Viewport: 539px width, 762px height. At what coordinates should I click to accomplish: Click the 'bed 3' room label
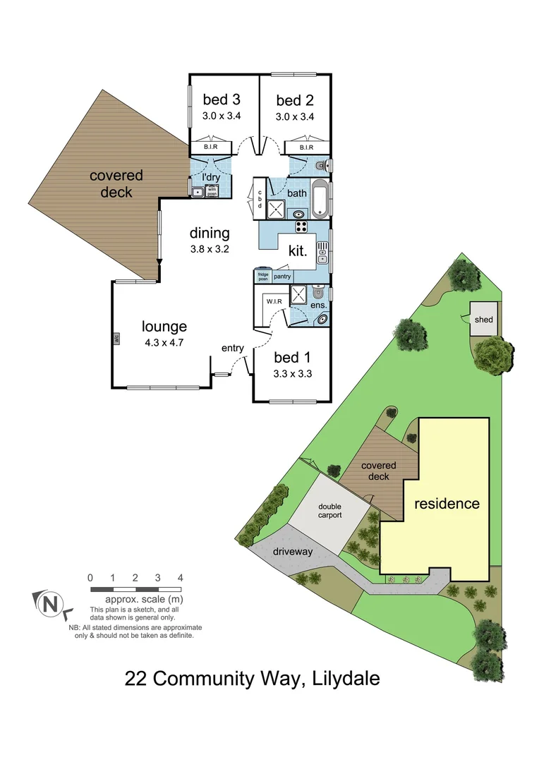pos(222,99)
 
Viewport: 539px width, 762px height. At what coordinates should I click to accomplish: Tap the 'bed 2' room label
pos(294,99)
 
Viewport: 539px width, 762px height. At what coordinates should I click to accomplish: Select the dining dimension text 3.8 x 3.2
pos(209,248)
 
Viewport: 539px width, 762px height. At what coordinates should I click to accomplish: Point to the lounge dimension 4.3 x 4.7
pos(164,344)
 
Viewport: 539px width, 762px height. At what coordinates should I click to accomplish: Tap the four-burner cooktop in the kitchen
pos(302,226)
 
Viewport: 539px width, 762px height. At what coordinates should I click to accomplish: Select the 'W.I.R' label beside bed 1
pos(274,301)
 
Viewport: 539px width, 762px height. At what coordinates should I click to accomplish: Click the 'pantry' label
pos(283,277)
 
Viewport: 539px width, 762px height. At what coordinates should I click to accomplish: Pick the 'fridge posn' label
pos(262,277)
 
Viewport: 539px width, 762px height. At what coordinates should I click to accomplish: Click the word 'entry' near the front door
pos(233,348)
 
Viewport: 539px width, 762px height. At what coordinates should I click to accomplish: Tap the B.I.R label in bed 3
pos(210,147)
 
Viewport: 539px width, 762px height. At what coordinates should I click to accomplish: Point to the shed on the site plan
pos(485,320)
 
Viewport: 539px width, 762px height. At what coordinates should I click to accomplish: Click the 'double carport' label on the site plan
pos(329,511)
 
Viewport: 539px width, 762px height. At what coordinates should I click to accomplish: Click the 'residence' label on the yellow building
pos(447,504)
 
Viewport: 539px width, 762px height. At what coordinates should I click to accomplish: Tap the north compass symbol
pos(49,603)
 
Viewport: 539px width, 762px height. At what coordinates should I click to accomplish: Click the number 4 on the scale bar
pos(181,577)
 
